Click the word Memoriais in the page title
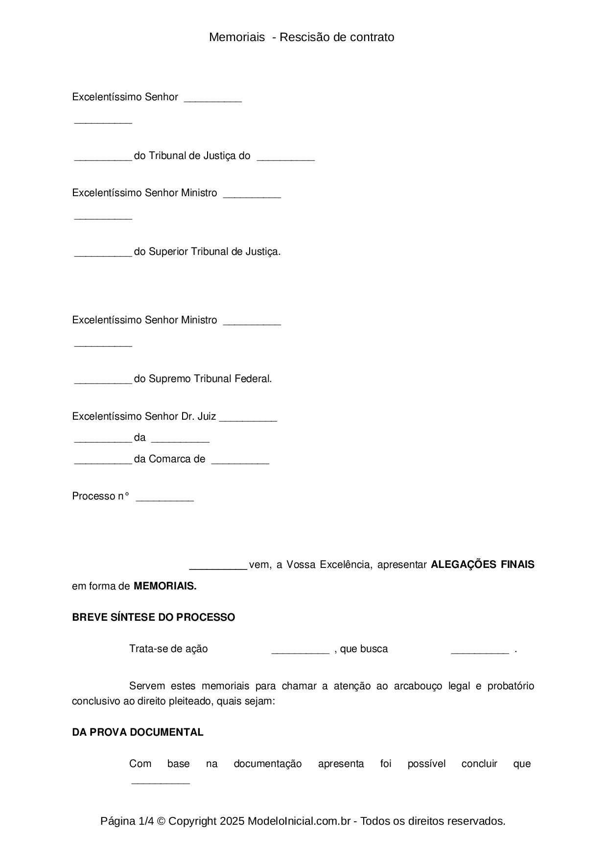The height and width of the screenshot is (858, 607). coord(237,37)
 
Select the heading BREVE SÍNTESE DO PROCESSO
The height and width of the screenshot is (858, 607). coord(153,617)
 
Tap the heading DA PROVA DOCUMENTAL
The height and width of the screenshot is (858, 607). coord(138,732)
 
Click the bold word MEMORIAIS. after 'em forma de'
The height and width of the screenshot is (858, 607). coord(165,586)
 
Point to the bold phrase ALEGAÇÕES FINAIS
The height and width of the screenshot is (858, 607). coord(482,564)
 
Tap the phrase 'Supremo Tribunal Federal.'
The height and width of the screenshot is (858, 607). coord(210,379)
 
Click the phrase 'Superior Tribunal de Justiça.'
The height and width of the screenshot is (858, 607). coord(214,251)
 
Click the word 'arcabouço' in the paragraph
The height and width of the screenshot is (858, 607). coord(418,686)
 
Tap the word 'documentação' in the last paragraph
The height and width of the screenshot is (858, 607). coord(267,764)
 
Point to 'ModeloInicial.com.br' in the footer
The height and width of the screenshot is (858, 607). coord(299,821)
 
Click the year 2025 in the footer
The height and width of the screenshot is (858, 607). coord(232,821)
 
